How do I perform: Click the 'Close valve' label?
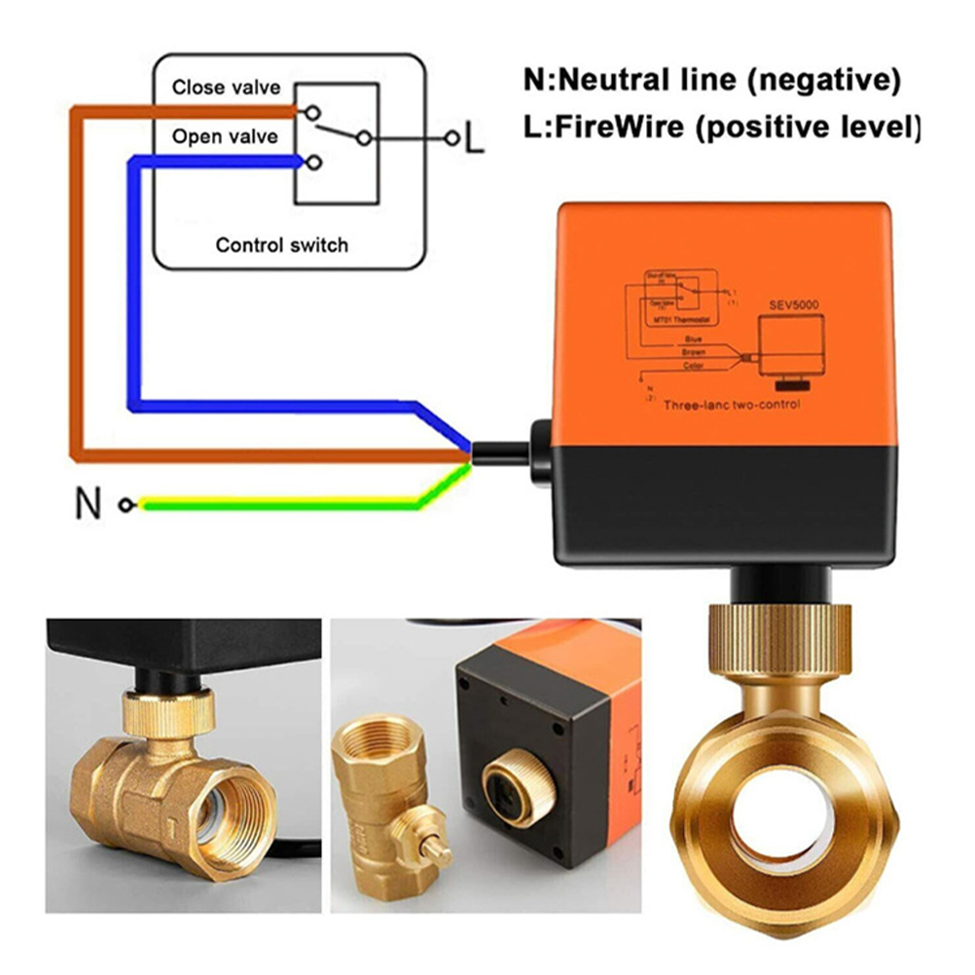coord(226,88)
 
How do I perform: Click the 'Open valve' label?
coord(225,136)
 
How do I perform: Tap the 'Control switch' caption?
coord(281,244)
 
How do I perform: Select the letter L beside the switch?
coord(473,140)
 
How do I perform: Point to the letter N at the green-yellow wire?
coord(88,504)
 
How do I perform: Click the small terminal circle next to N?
coord(125,504)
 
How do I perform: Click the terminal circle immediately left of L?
coord(451,139)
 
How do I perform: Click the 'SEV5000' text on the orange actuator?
coord(792,305)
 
